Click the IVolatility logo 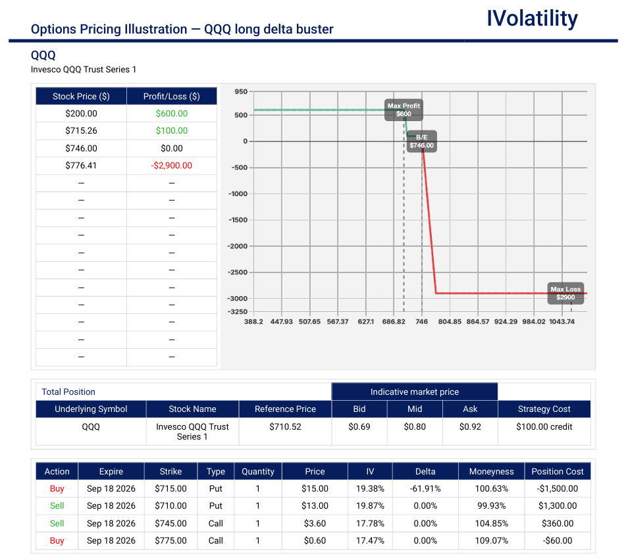[x=532, y=19]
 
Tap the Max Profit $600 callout [x=404, y=110]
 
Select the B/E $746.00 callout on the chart [x=421, y=141]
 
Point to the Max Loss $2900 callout [x=565, y=293]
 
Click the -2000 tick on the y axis [x=238, y=246]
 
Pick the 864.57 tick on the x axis [x=478, y=321]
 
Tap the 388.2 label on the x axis [x=253, y=321]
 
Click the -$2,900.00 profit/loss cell [x=171, y=166]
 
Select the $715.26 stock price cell [x=82, y=131]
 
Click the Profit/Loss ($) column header [x=171, y=97]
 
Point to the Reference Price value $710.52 [x=285, y=426]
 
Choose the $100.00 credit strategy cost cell [x=544, y=426]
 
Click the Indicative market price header [x=415, y=392]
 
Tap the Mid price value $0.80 [x=415, y=426]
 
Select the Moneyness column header [x=492, y=472]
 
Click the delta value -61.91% [x=425, y=489]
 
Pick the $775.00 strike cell [x=170, y=541]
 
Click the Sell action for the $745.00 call [x=57, y=524]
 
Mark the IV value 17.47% [x=370, y=541]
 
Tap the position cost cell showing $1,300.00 [x=558, y=506]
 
